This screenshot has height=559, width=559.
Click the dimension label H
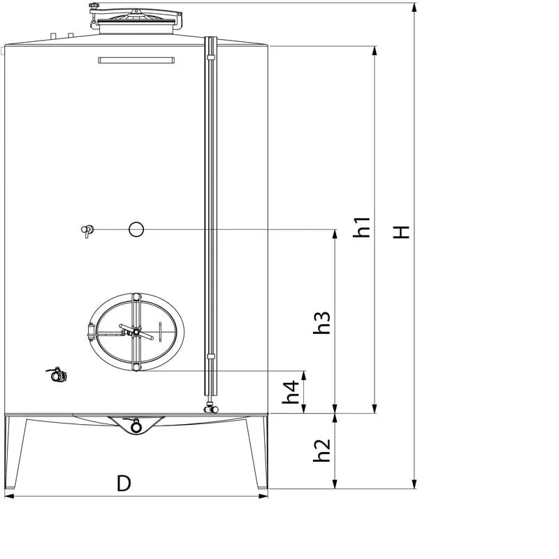pos(400,232)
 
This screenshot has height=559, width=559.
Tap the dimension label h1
pos(361,227)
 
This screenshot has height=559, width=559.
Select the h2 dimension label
pos(321,450)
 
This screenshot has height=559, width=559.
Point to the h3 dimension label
pos(321,323)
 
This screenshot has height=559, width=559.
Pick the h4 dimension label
pos(291,392)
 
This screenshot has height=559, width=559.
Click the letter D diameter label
pos(124,484)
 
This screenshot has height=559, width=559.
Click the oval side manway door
pos(136,332)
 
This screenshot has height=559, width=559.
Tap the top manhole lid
pos(136,20)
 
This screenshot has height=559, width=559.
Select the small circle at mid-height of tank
pos(136,229)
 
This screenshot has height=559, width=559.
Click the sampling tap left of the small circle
pos(87,231)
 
